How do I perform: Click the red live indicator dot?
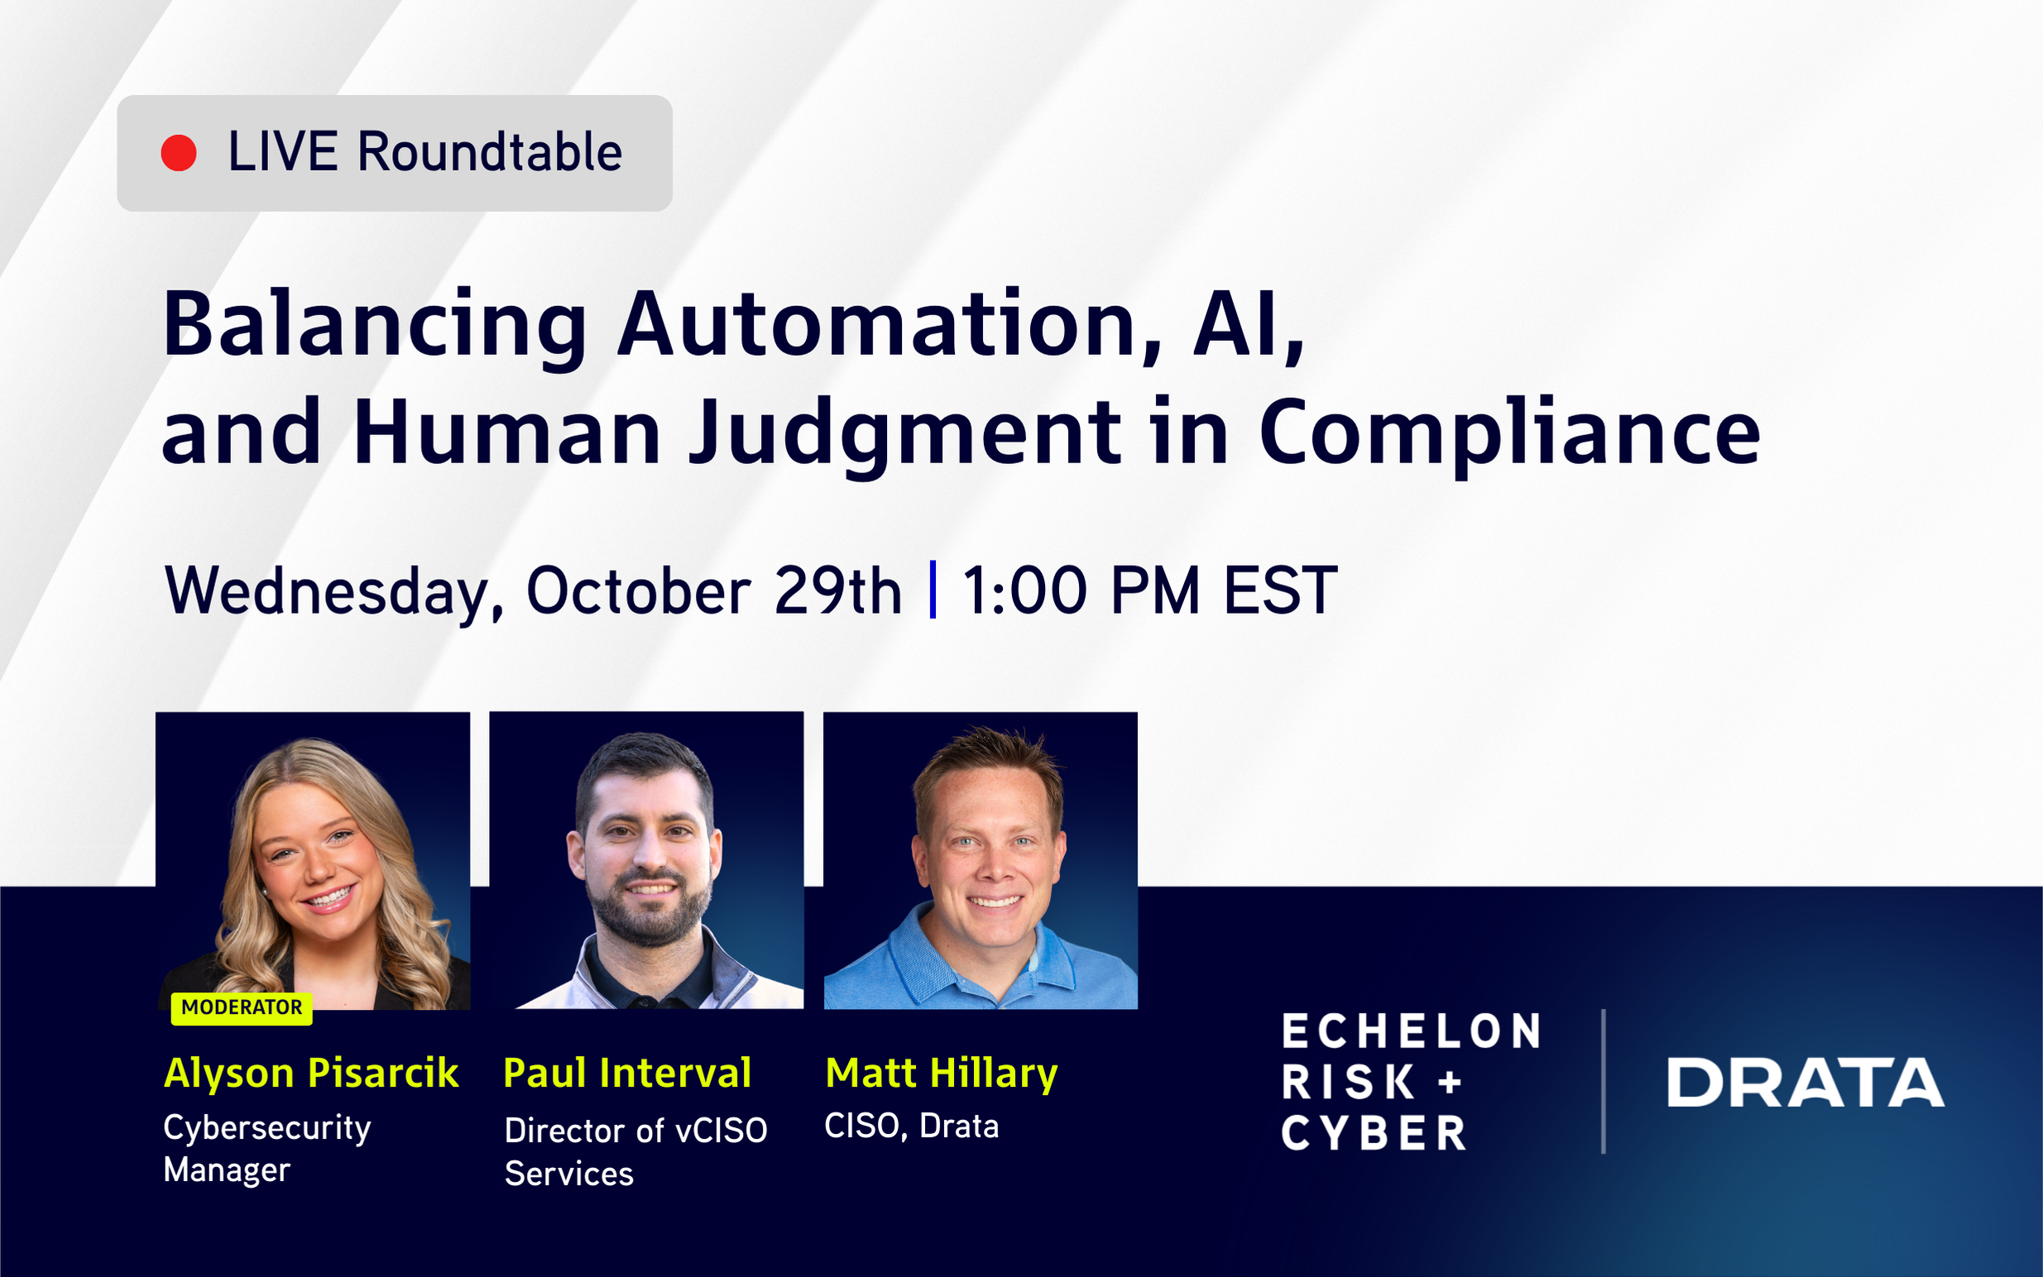[178, 153]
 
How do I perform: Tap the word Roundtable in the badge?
[489, 153]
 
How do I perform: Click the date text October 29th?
[714, 591]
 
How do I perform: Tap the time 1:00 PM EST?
[1149, 591]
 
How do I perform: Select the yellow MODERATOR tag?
[242, 1007]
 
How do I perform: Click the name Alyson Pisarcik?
[311, 1074]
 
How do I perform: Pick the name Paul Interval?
[627, 1074]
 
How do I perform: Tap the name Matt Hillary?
[941, 1074]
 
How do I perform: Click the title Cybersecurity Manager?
[267, 1149]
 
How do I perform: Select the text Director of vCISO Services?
[635, 1151]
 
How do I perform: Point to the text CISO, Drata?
[911, 1126]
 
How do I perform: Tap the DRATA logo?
[1805, 1082]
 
